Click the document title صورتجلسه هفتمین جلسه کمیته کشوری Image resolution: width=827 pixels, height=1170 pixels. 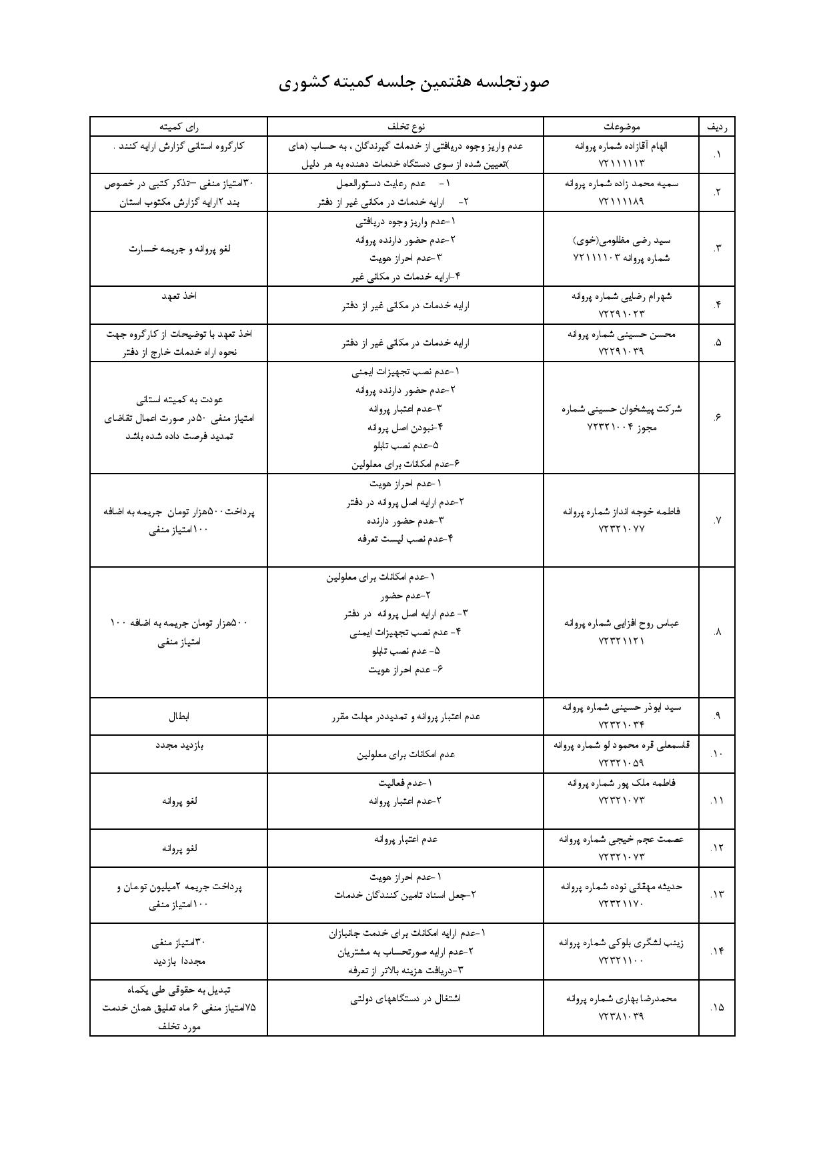[414, 82]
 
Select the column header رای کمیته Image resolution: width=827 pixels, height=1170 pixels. [179, 126]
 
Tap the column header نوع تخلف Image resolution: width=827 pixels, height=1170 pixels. [405, 126]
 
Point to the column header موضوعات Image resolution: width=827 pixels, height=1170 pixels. [622, 126]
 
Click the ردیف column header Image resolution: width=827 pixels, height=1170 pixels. [717, 126]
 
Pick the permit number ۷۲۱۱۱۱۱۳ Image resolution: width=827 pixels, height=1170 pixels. [622, 163]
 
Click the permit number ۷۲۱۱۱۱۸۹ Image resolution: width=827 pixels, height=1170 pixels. [622, 201]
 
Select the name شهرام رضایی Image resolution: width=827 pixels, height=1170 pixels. [638, 296]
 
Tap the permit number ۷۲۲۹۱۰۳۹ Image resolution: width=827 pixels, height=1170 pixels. [622, 351]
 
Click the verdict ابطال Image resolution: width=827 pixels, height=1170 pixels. [179, 716]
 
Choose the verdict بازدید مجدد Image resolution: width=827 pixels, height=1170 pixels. [179, 745]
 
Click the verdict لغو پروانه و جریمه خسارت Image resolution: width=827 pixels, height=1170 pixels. [179, 249]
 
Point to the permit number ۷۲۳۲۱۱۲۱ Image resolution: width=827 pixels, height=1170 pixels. [622, 640]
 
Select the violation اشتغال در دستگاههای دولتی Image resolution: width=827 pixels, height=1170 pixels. [405, 999]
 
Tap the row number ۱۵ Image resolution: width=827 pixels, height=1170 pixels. [717, 1007]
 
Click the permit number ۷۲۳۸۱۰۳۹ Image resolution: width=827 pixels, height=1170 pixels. [622, 1017]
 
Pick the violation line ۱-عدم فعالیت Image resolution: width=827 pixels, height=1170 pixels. [405, 782]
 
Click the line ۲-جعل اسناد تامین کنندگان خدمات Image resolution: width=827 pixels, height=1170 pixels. [405, 895]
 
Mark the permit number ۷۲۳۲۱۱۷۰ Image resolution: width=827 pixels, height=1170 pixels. [622, 904]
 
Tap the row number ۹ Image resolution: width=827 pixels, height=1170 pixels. [717, 716]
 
